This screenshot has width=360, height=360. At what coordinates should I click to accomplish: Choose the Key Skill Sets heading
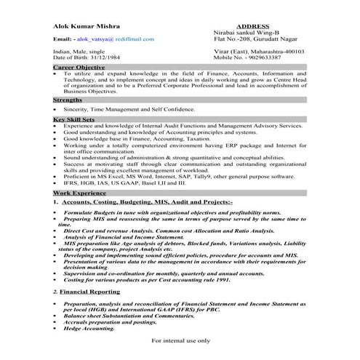pos(76,118)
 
